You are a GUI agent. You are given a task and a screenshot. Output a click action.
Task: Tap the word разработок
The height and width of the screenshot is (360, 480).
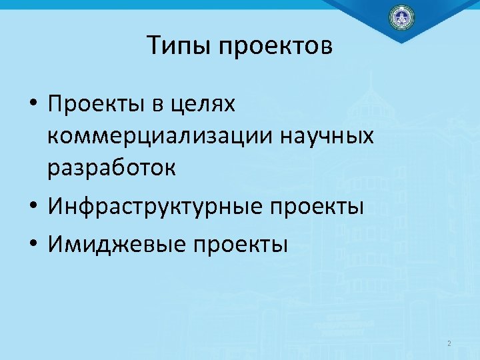[x=111, y=169]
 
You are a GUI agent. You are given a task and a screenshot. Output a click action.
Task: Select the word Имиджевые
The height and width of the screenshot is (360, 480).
[x=115, y=245]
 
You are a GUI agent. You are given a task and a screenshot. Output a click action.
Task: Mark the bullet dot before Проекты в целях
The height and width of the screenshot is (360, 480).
[x=33, y=106]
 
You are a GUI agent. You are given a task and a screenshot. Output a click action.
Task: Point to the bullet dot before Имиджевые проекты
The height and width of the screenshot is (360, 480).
[x=33, y=244]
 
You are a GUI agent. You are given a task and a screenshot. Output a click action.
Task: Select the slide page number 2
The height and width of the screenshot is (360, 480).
[x=449, y=344]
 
